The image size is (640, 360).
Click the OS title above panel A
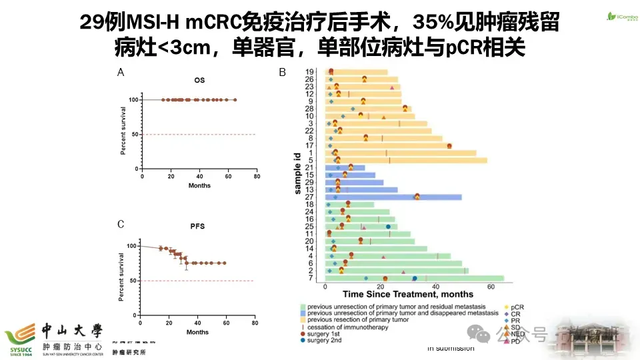[199, 81]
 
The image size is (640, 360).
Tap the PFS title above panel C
[199, 226]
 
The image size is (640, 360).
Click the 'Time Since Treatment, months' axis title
[408, 294]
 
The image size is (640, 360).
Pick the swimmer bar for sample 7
[413, 279]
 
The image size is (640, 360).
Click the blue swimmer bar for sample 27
[393, 197]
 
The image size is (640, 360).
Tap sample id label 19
[310, 72]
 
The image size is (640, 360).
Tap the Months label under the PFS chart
[198, 332]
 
